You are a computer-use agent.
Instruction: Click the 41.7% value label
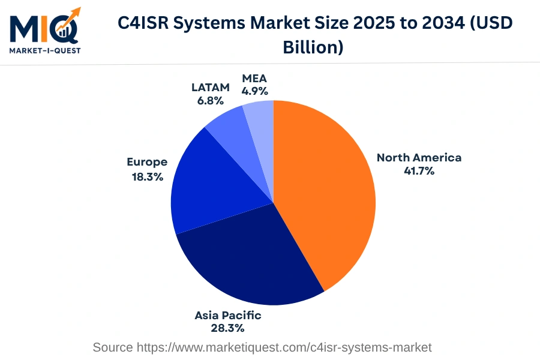point(419,171)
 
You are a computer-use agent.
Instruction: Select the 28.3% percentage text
point(227,328)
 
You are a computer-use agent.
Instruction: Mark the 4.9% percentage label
point(254,91)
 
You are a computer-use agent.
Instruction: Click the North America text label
point(419,158)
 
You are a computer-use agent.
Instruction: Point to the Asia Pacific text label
point(227,315)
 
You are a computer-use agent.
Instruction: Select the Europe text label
point(147,162)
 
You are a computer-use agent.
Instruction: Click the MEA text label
point(254,78)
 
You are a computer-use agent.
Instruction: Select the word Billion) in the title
point(313,47)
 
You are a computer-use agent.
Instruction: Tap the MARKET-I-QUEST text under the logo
point(44,50)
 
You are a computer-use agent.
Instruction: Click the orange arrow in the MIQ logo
point(71,18)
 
